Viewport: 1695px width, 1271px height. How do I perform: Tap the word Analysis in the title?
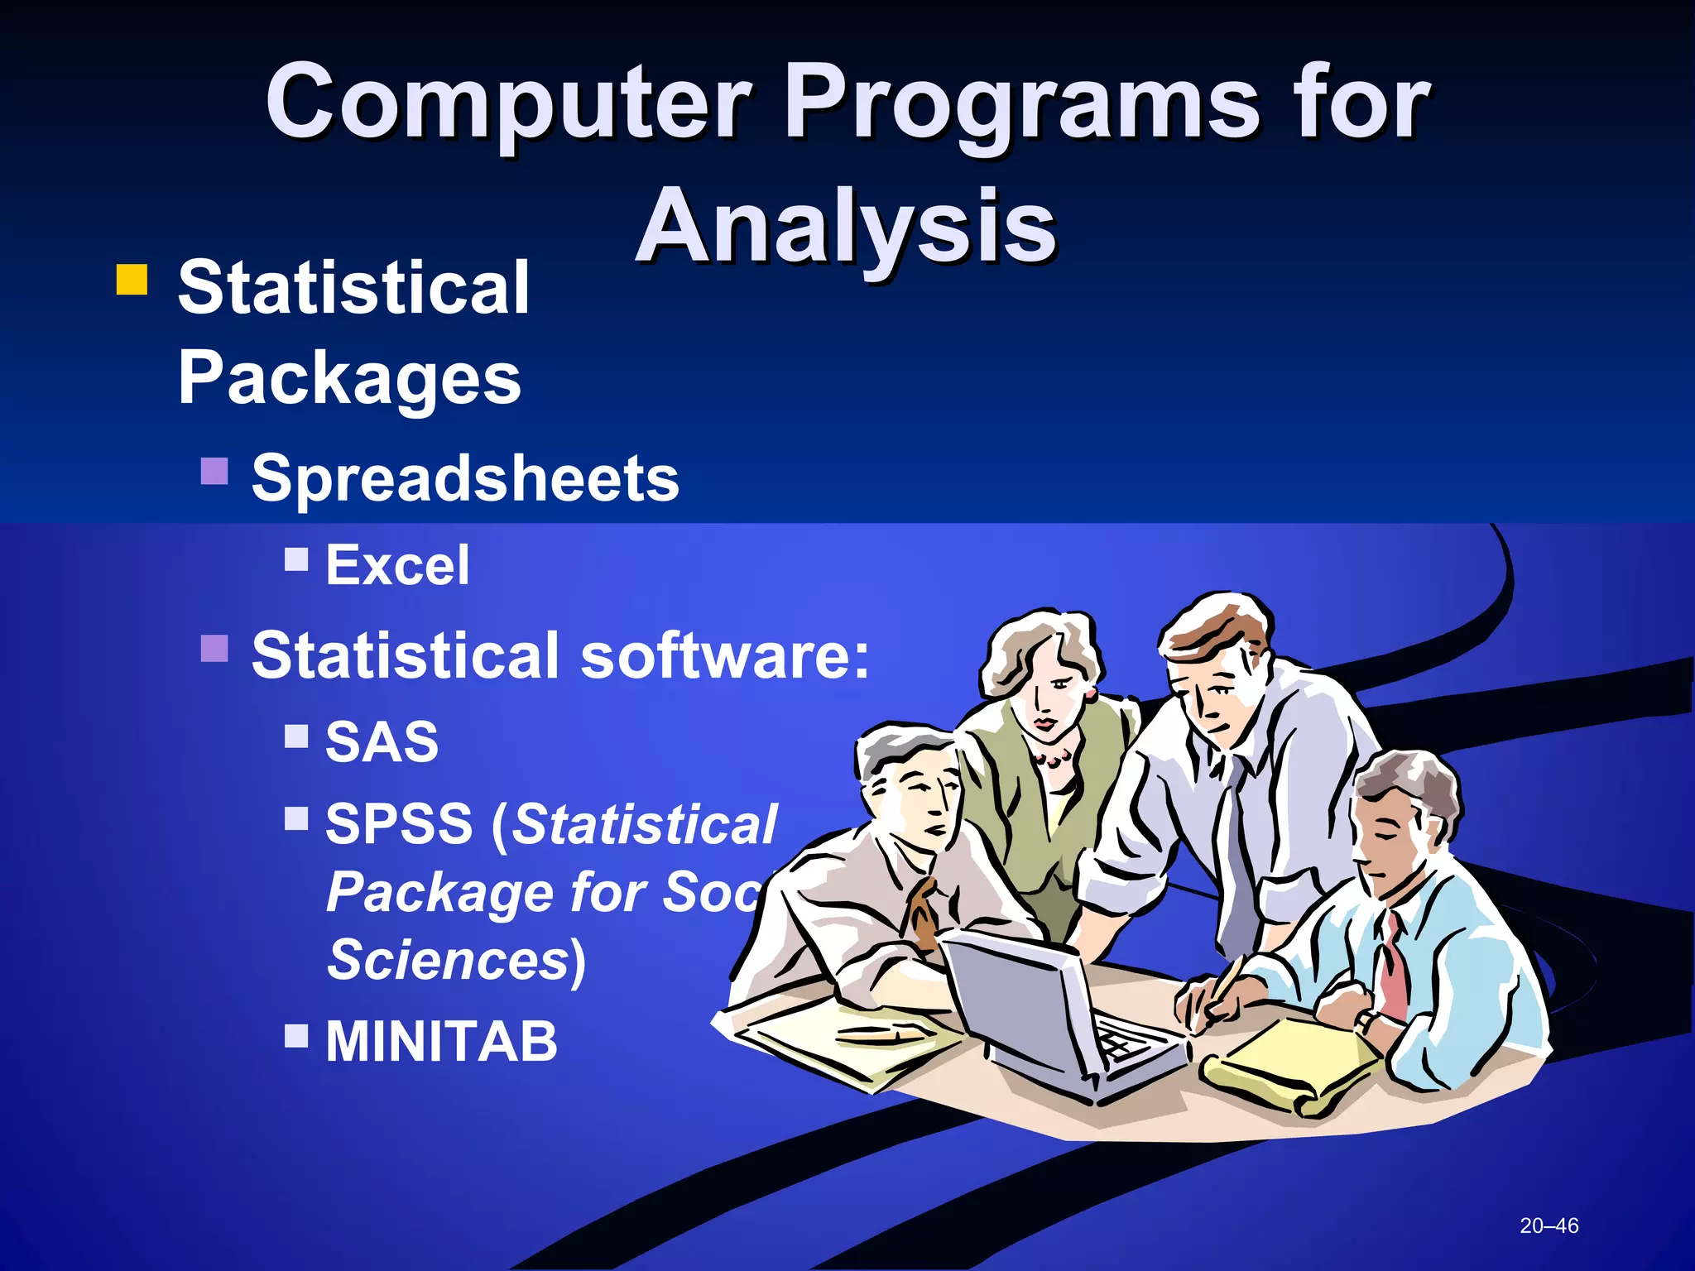tap(846, 226)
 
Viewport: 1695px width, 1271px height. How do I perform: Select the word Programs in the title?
tap(1021, 103)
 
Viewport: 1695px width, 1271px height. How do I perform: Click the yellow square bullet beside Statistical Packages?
tap(132, 280)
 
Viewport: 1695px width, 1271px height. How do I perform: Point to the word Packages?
tap(348, 378)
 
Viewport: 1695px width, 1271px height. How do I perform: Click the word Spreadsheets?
tap(464, 478)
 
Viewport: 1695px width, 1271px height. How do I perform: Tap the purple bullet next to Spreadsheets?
tap(214, 472)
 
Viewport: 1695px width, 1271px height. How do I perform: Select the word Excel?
tap(397, 565)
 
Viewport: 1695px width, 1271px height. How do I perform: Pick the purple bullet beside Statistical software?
tap(214, 649)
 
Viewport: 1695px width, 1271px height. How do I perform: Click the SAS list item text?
tap(382, 741)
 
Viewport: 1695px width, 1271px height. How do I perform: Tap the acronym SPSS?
tap(399, 824)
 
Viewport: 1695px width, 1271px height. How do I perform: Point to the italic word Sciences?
tap(448, 960)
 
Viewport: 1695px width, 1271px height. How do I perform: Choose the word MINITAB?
tap(441, 1041)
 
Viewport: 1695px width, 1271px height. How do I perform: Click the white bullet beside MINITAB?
tap(296, 1035)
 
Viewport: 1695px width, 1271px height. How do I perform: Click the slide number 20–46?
tap(1549, 1225)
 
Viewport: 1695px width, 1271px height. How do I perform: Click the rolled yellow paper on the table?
tap(1283, 1067)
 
